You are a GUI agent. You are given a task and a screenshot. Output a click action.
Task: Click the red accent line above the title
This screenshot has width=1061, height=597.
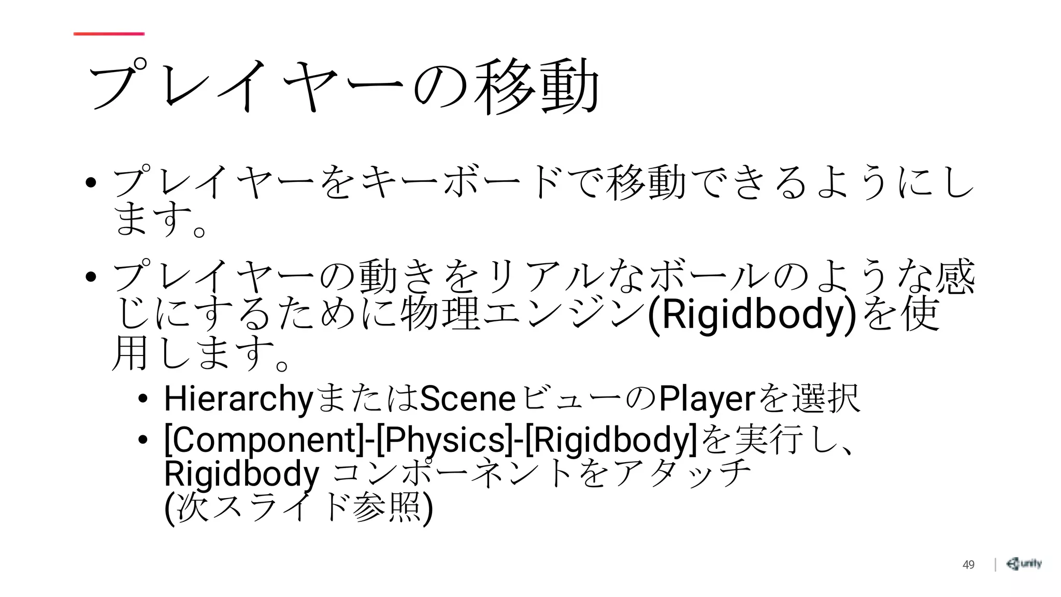point(109,34)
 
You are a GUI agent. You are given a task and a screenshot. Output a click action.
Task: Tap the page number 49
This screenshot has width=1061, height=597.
point(968,565)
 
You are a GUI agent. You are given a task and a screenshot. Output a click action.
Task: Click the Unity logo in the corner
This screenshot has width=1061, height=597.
point(1024,564)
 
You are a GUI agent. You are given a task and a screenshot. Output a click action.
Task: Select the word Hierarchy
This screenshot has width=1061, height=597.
point(238,399)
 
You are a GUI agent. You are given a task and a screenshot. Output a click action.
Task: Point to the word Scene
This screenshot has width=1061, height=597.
point(467,399)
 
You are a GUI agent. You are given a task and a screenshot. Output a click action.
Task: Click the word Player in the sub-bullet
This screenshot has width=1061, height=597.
point(707,399)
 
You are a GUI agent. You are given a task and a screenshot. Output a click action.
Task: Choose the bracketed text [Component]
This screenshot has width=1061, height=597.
point(264,439)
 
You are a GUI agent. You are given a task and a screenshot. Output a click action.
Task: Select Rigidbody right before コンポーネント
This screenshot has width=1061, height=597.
point(241,474)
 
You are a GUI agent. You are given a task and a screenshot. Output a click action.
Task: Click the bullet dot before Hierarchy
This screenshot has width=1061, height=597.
point(143,399)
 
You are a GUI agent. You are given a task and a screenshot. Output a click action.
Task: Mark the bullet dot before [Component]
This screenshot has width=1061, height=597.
point(143,439)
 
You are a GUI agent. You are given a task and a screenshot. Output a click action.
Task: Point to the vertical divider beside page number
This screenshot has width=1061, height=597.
point(995,564)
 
